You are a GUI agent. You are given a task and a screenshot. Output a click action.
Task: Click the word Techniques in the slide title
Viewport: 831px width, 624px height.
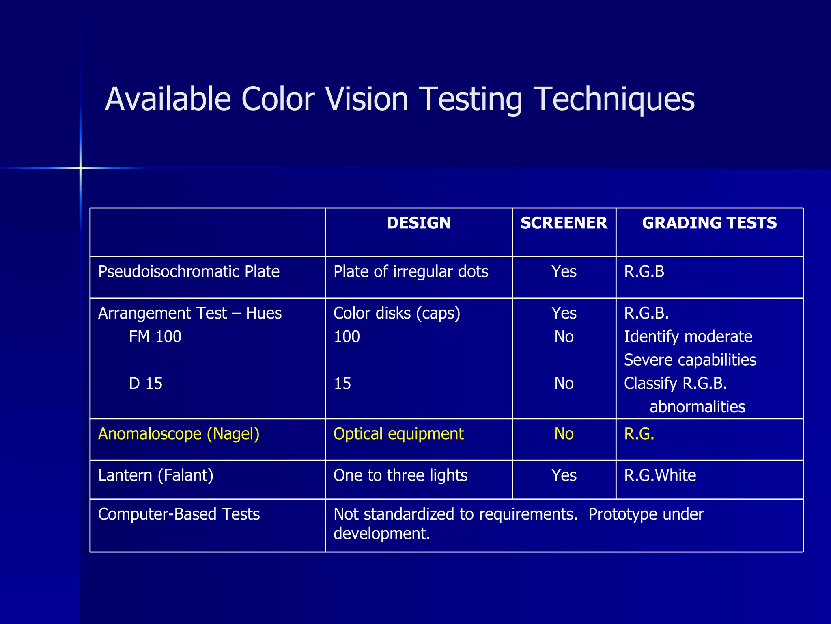tap(614, 100)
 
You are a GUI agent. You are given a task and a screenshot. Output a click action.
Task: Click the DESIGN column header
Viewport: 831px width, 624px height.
tap(418, 223)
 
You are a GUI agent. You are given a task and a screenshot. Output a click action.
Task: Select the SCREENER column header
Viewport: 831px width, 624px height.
tap(564, 223)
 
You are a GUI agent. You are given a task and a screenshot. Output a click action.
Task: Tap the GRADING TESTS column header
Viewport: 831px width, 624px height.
tap(709, 223)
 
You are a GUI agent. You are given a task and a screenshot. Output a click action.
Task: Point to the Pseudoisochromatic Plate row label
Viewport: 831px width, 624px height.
tap(189, 271)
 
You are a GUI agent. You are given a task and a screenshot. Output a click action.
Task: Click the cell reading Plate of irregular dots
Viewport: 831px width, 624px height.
tap(411, 271)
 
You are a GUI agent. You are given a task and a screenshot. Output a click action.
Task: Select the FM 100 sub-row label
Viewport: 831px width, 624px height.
tap(155, 336)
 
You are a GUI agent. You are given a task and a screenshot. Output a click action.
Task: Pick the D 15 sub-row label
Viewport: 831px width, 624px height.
tap(146, 383)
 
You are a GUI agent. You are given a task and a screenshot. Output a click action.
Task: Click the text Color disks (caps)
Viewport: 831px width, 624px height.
tap(397, 313)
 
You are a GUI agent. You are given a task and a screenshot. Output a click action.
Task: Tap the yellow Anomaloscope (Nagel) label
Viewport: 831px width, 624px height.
tap(179, 434)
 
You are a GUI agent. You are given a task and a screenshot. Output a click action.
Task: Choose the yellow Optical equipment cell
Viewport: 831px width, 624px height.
tap(398, 434)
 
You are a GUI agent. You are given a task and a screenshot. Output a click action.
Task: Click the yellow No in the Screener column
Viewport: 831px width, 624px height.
tap(564, 434)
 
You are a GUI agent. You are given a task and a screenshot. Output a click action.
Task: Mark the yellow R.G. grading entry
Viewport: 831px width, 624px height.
tap(639, 434)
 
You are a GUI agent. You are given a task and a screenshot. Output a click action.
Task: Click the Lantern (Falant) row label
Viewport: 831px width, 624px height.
tap(156, 475)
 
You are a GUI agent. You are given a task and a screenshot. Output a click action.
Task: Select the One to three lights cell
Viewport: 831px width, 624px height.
tap(400, 475)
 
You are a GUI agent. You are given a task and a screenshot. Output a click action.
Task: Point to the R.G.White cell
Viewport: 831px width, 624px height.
tap(660, 475)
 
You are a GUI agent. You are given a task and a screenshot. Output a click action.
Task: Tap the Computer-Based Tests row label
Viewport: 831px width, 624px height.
tap(179, 514)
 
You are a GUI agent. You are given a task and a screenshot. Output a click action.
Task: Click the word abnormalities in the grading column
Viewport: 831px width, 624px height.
tap(697, 407)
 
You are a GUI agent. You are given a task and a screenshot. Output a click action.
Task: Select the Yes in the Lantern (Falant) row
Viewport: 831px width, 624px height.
tap(564, 475)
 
